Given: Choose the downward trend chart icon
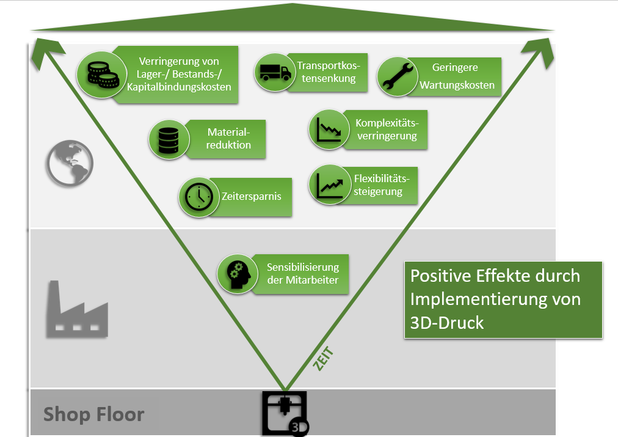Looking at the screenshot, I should pos(329,129).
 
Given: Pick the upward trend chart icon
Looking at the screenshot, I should pos(329,185).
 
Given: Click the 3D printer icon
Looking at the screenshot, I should pos(285,413).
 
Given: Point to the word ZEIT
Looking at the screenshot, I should pos(322,359).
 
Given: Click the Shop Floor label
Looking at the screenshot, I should pos(93,414).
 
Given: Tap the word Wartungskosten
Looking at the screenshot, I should pos(457,85).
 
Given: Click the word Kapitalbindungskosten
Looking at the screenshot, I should pos(179,87).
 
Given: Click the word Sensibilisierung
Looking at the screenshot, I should pos(302,267).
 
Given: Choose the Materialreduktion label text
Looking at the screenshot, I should pos(229,138).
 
